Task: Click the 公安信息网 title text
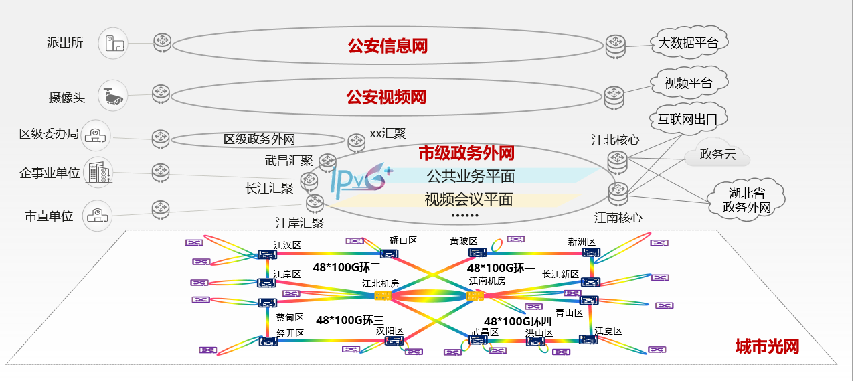pyautogui.click(x=387, y=46)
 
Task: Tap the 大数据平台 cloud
pyautogui.click(x=688, y=44)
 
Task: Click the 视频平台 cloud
pyautogui.click(x=688, y=84)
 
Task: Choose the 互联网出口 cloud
pyautogui.click(x=687, y=120)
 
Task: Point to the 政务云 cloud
pyautogui.click(x=717, y=155)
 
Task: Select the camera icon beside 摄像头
pyautogui.click(x=112, y=96)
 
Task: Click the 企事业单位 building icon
pyautogui.click(x=98, y=173)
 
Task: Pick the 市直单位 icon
pyautogui.click(x=98, y=216)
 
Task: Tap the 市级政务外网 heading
pyautogui.click(x=466, y=153)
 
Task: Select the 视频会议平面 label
pyautogui.click(x=468, y=199)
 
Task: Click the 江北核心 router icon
pyautogui.click(x=617, y=161)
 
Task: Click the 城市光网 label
pyautogui.click(x=767, y=346)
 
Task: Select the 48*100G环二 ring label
pyautogui.click(x=347, y=268)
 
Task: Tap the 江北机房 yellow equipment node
pyautogui.click(x=383, y=295)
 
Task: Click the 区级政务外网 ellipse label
pyautogui.click(x=259, y=139)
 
